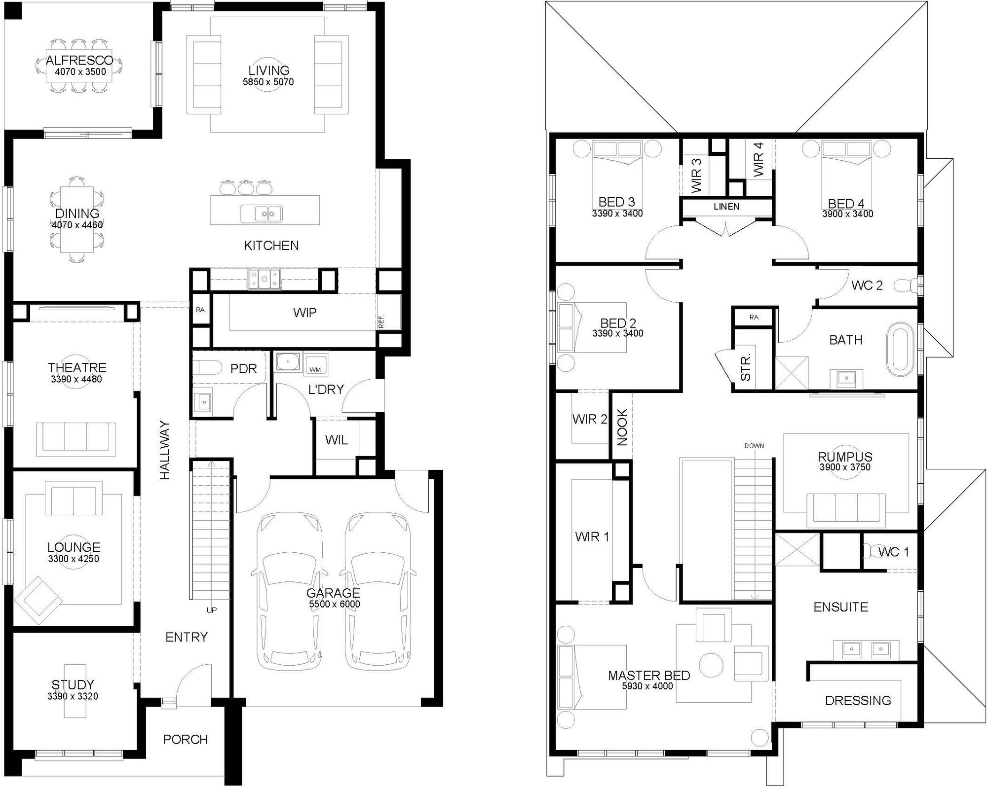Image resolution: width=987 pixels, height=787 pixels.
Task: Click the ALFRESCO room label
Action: point(79,61)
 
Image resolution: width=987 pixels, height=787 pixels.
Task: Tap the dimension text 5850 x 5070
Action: point(268,82)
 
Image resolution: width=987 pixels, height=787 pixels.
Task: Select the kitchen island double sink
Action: point(261,214)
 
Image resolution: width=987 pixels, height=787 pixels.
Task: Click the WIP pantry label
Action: point(304,313)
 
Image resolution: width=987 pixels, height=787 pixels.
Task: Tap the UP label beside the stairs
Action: point(211,610)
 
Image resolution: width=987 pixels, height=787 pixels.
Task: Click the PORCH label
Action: point(185,739)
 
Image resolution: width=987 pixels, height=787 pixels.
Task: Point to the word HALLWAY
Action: point(165,449)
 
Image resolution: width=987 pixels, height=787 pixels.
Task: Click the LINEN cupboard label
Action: point(726,207)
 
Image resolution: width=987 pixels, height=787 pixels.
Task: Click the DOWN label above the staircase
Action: point(754,446)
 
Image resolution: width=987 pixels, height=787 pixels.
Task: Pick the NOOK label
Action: point(622,427)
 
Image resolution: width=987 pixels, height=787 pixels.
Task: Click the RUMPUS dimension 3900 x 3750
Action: point(845,467)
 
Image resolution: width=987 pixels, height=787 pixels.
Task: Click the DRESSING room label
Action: point(858,700)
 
